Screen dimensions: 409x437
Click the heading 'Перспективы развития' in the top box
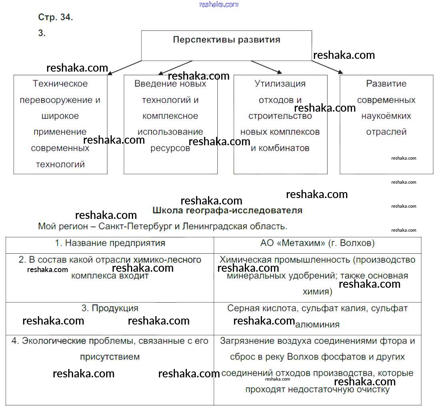pos(226,40)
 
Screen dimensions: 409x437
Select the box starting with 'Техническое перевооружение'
pos(60,124)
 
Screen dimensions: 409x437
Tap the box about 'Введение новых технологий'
pos(171,124)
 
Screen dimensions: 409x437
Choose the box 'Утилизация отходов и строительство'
pos(280,124)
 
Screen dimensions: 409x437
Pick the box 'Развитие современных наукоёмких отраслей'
pos(386,124)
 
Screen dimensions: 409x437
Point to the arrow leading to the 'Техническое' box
pos(124,68)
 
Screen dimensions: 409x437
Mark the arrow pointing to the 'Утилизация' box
pos(266,67)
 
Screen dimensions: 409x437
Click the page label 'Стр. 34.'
pos(56,17)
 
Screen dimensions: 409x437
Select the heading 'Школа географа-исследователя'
pos(227,210)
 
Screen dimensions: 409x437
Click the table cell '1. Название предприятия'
pos(110,243)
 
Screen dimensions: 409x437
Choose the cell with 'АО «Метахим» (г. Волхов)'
pos(318,243)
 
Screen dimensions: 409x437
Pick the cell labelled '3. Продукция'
pos(110,309)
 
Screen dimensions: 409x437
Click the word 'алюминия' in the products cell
pos(317,325)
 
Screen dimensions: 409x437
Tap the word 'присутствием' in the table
pos(110,357)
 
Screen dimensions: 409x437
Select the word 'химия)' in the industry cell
pos(318,291)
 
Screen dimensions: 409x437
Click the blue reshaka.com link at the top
pos(218,4)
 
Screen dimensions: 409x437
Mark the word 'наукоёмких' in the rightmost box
pos(386,116)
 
